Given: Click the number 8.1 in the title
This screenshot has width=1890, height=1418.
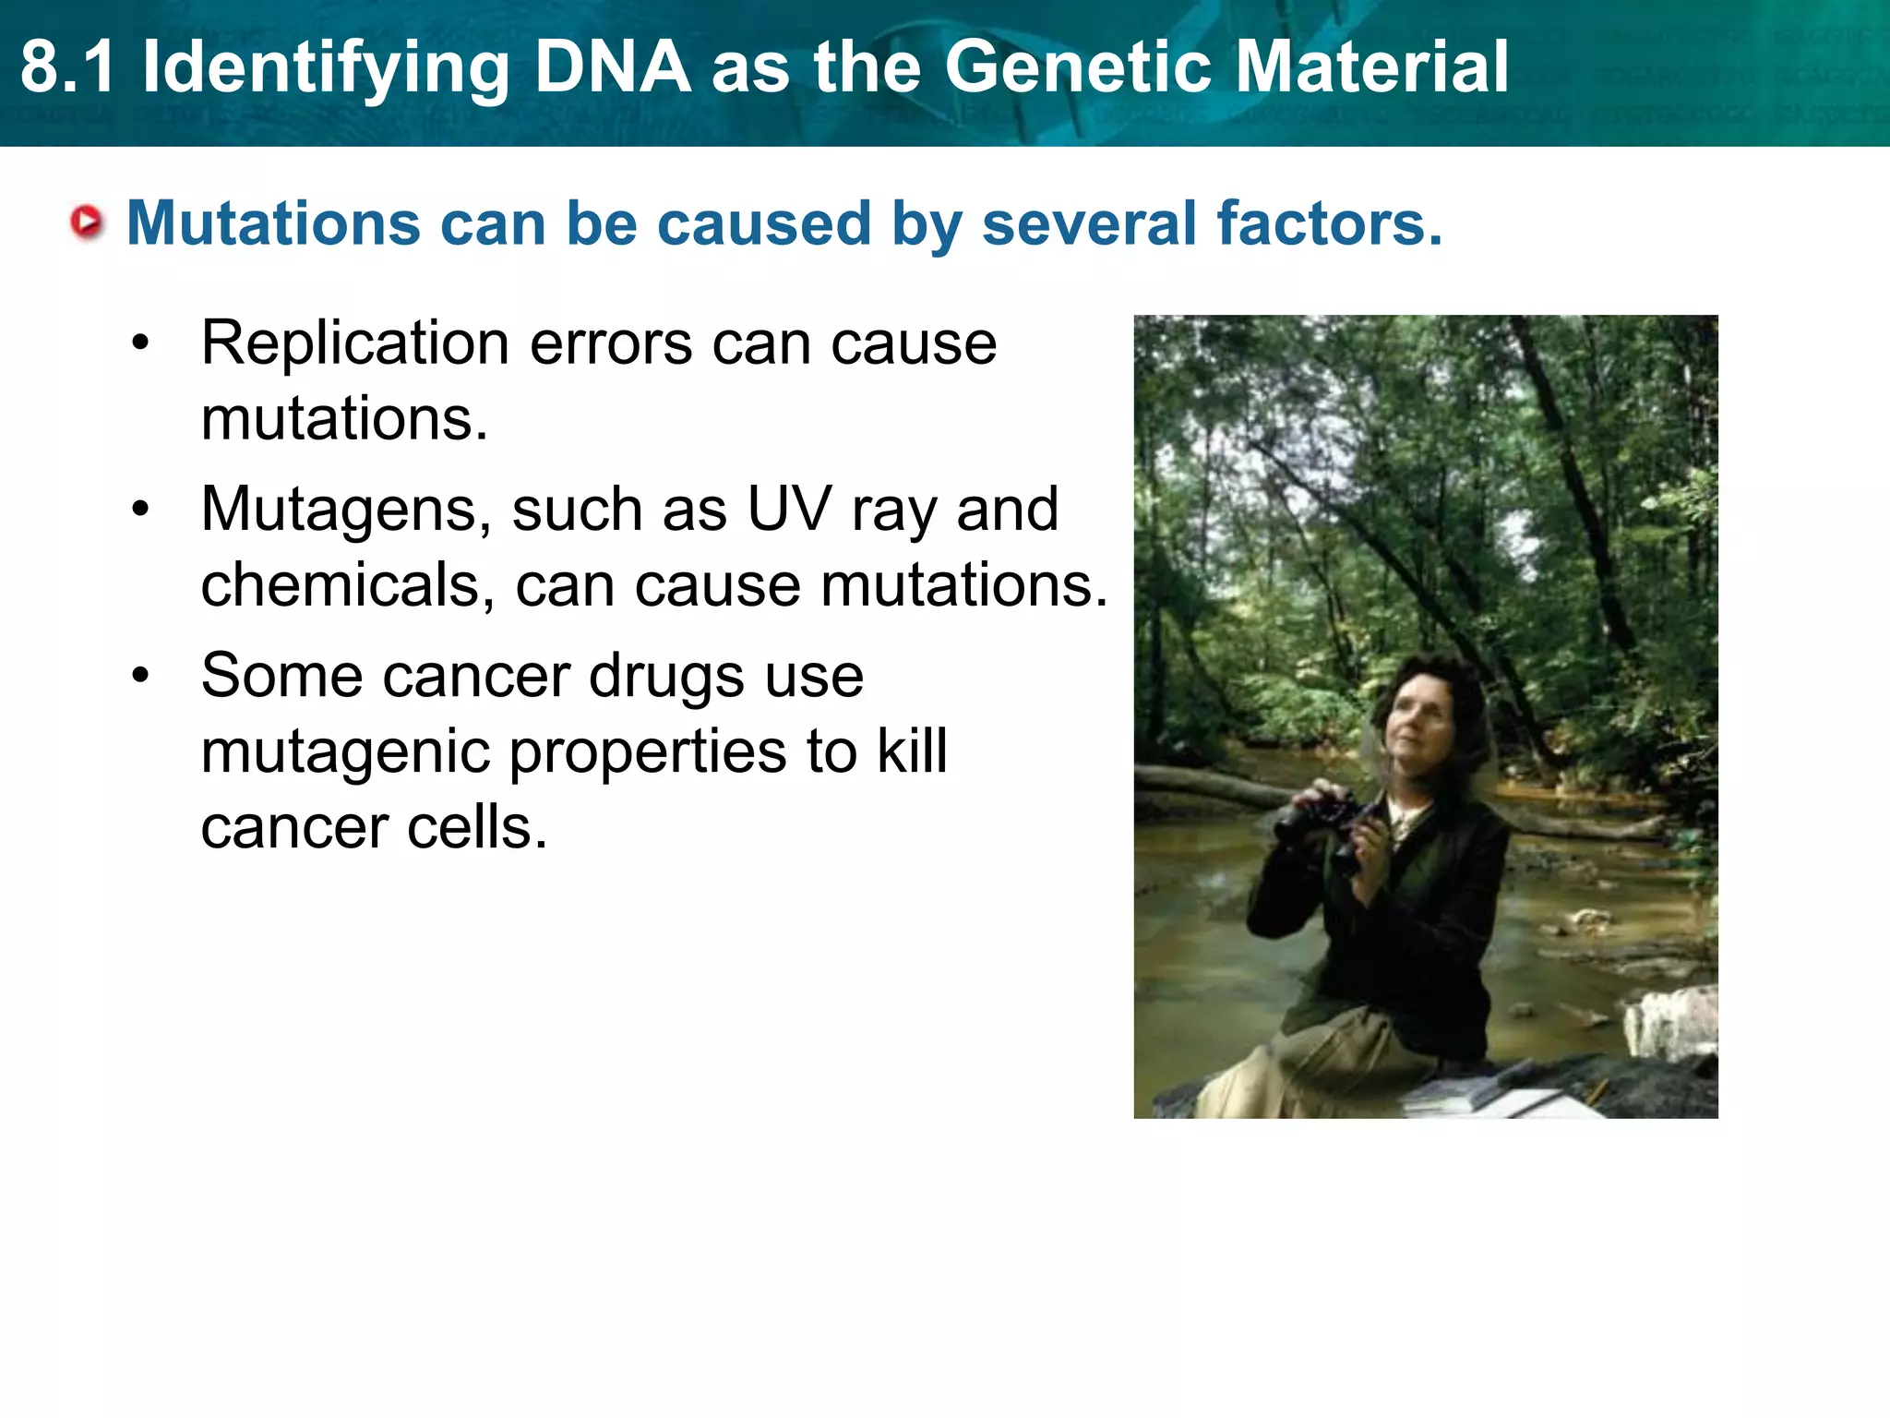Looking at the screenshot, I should (x=68, y=67).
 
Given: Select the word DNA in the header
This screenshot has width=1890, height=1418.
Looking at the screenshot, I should (x=613, y=67).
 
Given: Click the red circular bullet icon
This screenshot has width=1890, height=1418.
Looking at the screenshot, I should (x=88, y=222).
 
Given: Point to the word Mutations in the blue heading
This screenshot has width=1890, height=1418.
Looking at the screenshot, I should (x=273, y=223).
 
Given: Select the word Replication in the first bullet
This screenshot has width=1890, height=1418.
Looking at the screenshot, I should (x=354, y=343).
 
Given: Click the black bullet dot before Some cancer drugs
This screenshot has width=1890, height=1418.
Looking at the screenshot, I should (x=140, y=676).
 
